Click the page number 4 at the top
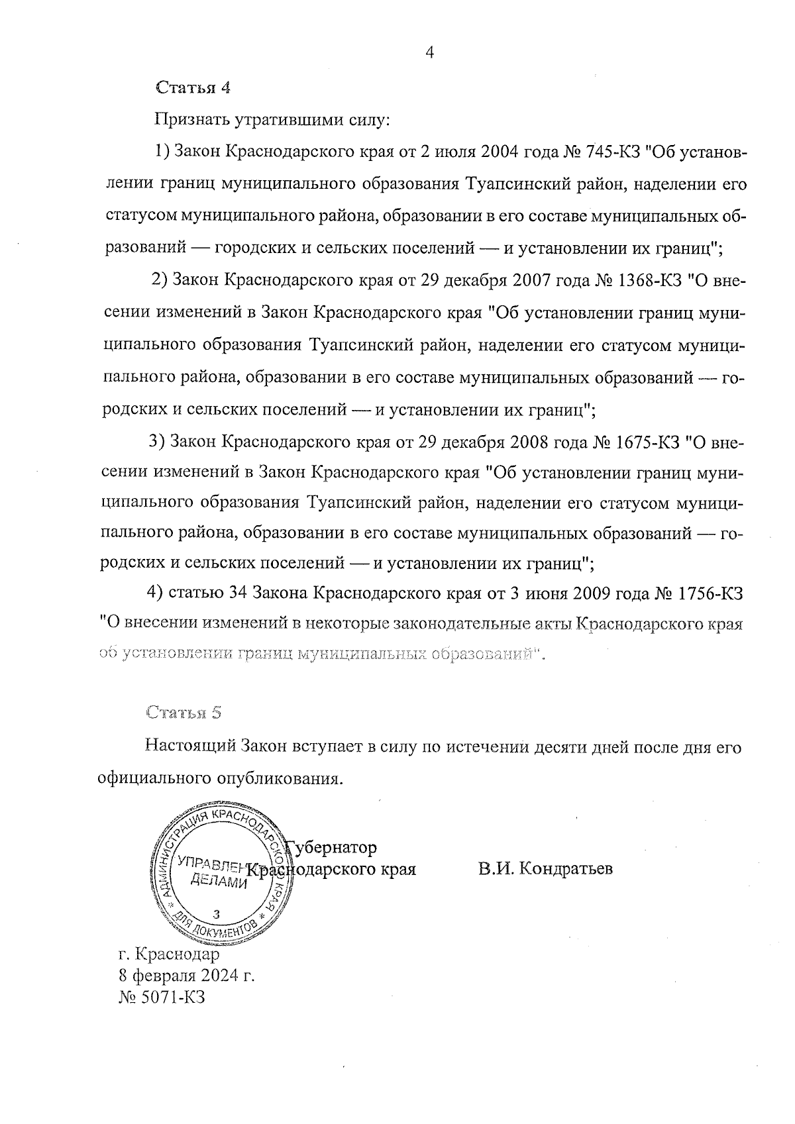tap(429, 53)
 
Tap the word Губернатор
tap(331, 847)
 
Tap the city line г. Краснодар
tap(168, 955)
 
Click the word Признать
tap(191, 120)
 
